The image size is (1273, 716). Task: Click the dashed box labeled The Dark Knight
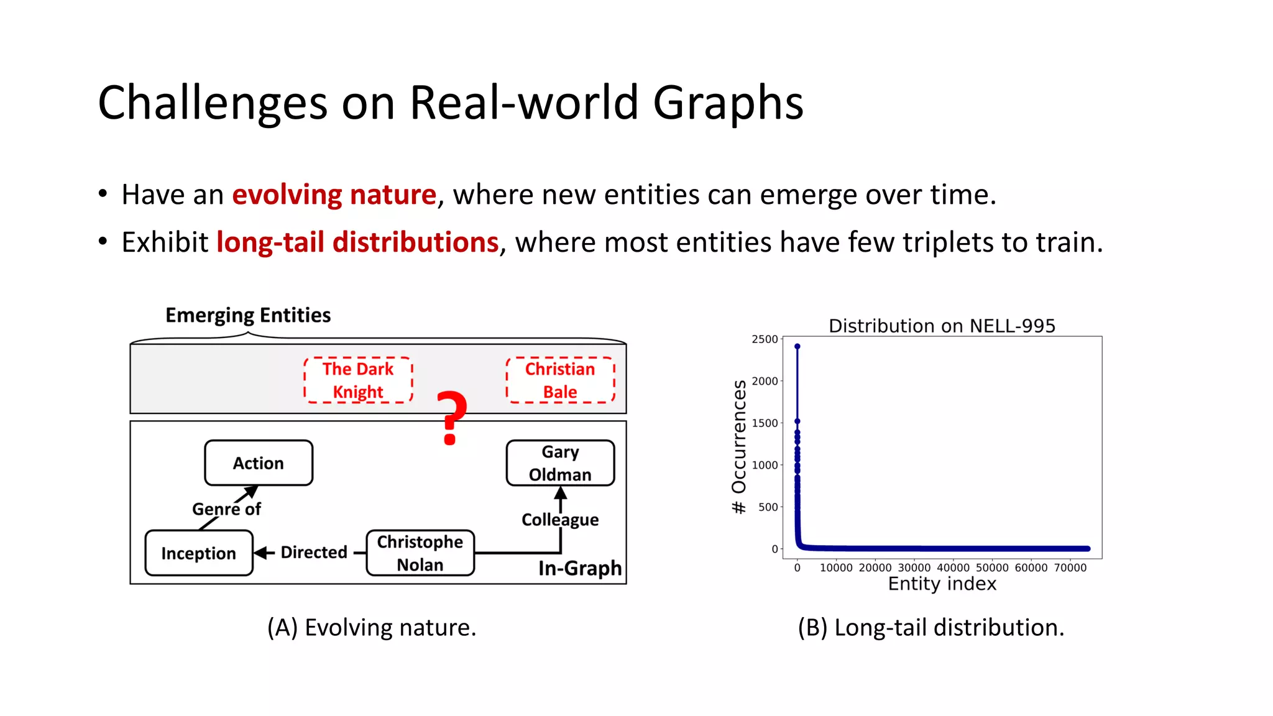[358, 380]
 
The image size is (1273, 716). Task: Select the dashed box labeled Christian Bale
[560, 380]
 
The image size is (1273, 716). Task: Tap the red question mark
[451, 418]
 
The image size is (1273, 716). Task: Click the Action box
[259, 463]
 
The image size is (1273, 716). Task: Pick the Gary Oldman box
[560, 463]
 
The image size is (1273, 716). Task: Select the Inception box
[199, 553]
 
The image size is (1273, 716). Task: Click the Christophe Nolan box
[420, 553]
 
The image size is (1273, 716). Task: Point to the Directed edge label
[313, 552]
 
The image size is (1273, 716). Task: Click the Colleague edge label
[560, 520]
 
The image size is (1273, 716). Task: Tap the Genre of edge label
[226, 509]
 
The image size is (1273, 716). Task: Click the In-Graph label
[579, 568]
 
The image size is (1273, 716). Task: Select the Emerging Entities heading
[248, 315]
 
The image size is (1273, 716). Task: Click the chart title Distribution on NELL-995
[942, 326]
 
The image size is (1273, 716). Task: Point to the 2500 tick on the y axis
[765, 339]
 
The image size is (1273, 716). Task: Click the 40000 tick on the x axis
[953, 567]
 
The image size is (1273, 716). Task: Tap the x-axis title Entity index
[942, 584]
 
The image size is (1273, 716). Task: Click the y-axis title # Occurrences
[738, 446]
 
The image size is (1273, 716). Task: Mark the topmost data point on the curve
[797, 347]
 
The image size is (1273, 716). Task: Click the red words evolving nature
[334, 195]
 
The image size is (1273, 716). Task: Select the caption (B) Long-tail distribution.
[931, 628]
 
